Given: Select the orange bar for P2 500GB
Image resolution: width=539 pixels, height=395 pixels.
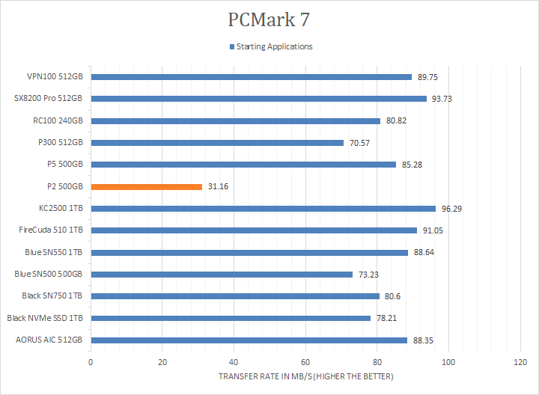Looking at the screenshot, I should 147,186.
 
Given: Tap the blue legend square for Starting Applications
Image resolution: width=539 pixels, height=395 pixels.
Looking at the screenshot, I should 232,47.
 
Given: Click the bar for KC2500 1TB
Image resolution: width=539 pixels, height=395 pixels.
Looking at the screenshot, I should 263,209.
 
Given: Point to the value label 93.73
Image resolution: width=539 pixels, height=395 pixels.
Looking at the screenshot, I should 443,99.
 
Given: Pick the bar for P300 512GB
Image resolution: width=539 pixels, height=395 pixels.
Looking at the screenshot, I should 217,143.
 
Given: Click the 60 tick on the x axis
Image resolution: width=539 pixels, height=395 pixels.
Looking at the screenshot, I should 305,363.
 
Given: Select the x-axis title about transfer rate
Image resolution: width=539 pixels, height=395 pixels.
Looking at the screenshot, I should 305,376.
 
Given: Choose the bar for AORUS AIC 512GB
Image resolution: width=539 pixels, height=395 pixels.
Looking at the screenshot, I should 249,340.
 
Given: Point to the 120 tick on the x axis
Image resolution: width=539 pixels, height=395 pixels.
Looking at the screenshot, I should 520,363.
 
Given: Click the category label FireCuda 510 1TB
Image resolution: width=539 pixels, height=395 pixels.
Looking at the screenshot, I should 51,230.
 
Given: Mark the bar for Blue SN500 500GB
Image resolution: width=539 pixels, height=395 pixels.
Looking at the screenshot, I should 222,275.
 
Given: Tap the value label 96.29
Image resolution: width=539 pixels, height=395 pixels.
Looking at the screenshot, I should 452,209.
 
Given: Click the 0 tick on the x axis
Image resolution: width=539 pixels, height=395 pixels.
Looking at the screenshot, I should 91,363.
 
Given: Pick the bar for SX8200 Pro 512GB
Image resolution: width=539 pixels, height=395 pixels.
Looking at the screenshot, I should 258,99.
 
